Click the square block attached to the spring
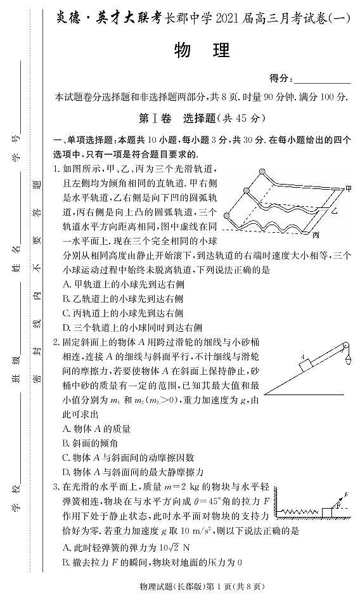coord(328,511)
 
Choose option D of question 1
coord(132,328)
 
